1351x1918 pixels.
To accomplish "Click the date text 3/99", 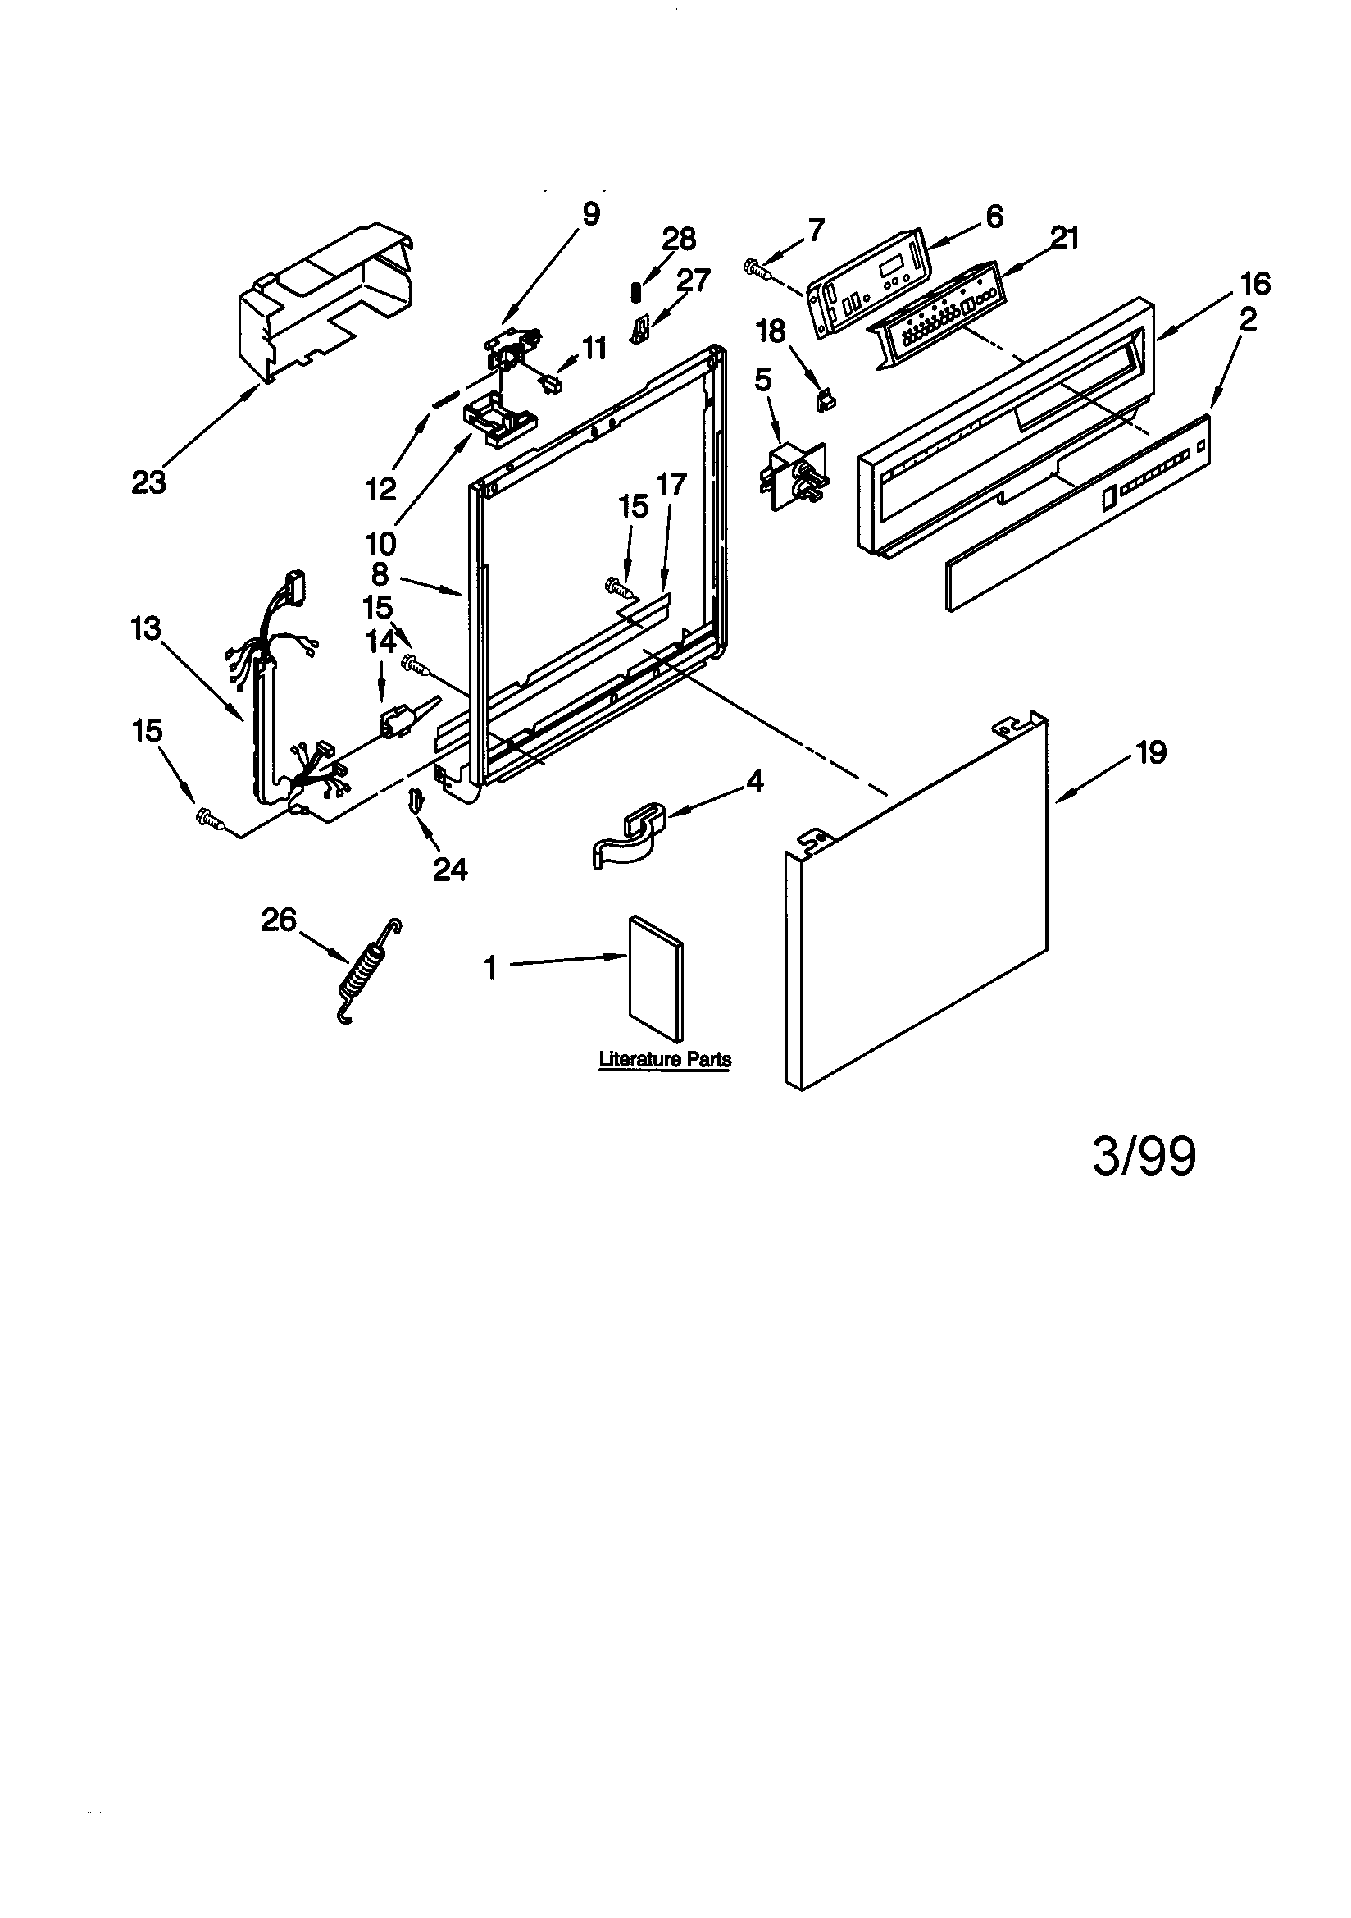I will point(1144,1157).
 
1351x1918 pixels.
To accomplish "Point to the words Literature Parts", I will point(665,1060).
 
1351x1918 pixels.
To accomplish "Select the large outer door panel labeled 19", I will point(918,902).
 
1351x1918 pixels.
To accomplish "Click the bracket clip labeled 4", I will point(630,835).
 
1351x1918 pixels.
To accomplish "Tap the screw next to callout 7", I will point(756,268).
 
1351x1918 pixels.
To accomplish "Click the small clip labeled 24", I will point(416,801).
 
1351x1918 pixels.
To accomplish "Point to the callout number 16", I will point(1256,284).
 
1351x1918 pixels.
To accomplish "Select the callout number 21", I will point(1064,239).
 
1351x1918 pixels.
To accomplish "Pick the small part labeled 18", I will point(826,401).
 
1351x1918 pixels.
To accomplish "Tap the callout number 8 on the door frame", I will point(380,575).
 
